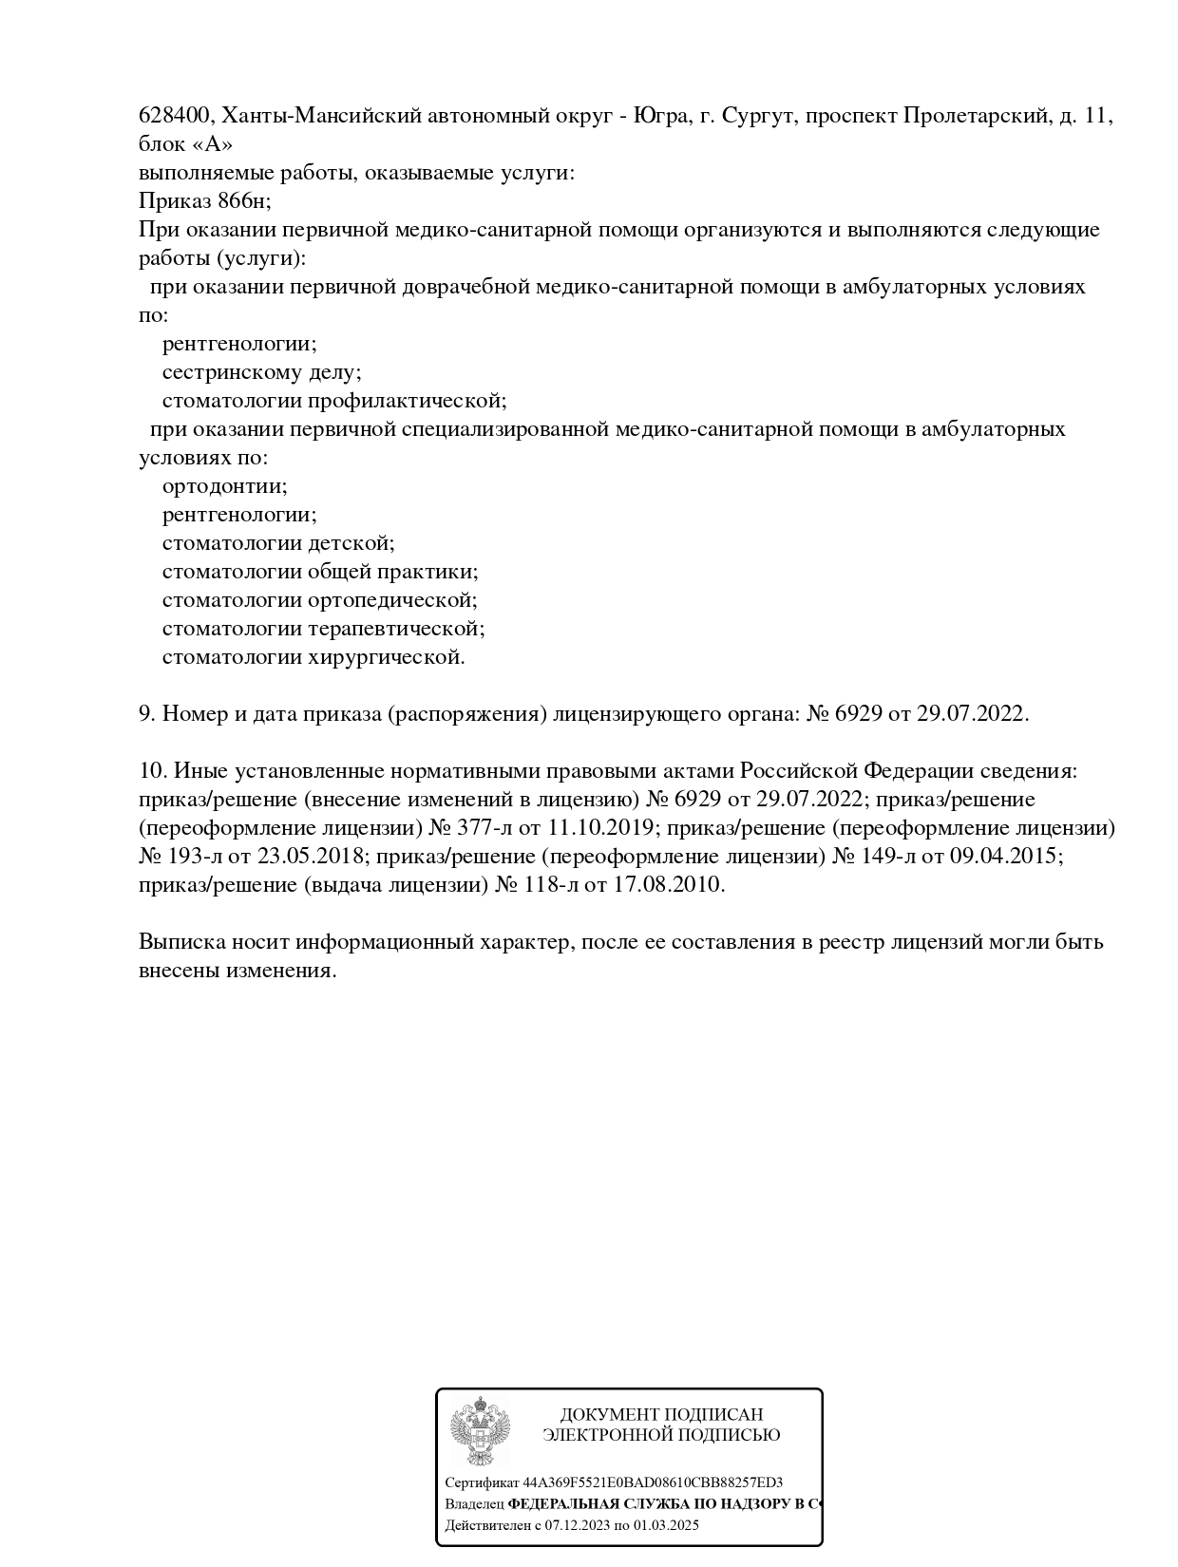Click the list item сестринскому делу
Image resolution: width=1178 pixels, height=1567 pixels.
tap(261, 372)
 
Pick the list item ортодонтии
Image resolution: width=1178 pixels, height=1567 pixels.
tap(224, 486)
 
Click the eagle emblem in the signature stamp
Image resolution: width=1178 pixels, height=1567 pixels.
tap(480, 1432)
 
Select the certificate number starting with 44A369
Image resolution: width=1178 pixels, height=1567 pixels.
tap(653, 1482)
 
